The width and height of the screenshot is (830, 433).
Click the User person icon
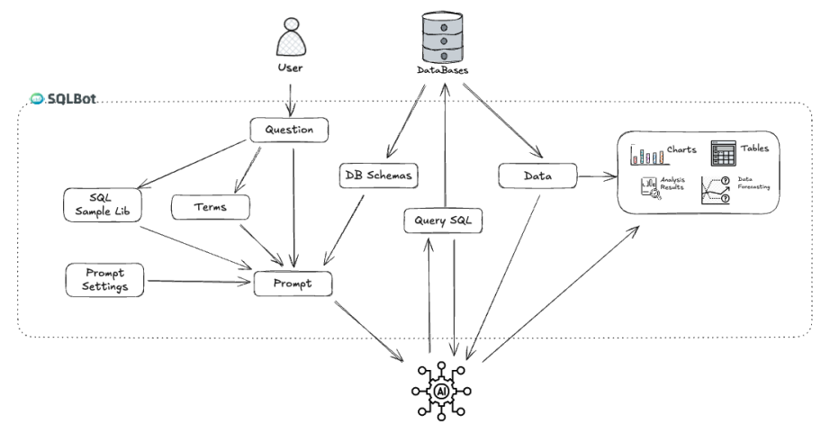click(291, 35)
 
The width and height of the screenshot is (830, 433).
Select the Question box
click(288, 130)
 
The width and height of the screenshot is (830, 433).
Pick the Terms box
click(209, 207)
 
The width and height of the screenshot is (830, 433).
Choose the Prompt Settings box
click(104, 280)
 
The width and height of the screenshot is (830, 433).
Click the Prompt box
click(293, 283)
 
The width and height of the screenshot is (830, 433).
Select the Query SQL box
click(442, 220)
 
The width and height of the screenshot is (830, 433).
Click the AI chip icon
click(442, 392)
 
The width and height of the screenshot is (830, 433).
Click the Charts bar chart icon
click(645, 154)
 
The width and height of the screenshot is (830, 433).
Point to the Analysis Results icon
click(648, 188)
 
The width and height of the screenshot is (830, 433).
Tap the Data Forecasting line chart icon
click(715, 188)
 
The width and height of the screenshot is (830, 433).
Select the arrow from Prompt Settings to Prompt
click(198, 283)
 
